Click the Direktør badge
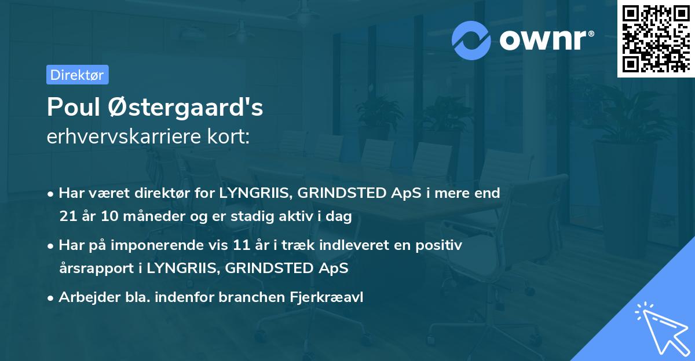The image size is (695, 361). [77, 75]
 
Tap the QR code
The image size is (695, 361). [656, 39]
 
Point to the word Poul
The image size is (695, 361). [75, 107]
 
